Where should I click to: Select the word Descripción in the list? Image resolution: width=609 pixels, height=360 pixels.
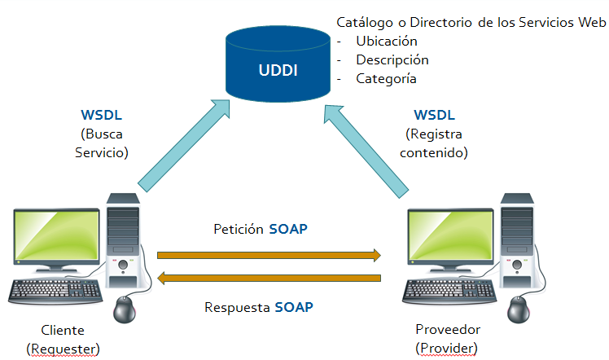coord(392,60)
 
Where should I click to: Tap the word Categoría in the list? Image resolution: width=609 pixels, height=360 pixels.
coord(386,79)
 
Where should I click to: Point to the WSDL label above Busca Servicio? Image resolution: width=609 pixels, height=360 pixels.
coord(103,115)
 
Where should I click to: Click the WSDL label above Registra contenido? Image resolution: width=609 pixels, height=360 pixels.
coord(435,115)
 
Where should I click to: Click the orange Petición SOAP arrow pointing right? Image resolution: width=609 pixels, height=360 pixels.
coord(269,255)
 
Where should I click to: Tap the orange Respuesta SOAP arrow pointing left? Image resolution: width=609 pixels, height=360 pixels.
coord(269,279)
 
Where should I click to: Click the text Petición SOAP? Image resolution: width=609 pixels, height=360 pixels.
coord(260,229)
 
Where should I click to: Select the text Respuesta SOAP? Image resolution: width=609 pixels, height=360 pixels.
coord(260,308)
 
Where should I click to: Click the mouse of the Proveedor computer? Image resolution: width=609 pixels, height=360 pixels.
coord(517,309)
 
